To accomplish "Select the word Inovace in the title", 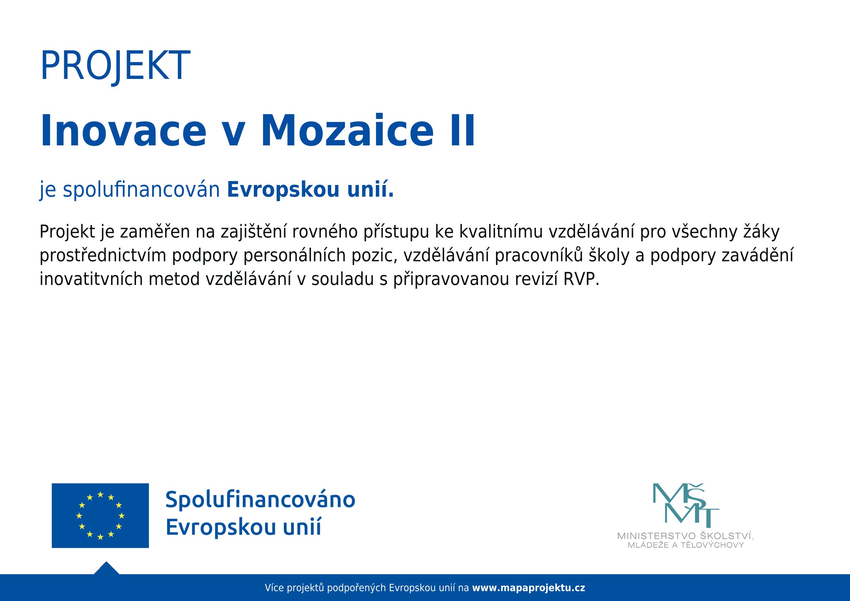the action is [123, 131].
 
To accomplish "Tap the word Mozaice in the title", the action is [347, 131].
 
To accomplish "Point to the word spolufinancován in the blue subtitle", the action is [141, 190].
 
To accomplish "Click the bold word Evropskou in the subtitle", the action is [283, 190].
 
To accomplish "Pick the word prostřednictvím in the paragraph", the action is [103, 256].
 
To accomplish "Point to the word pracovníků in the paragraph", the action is [539, 256].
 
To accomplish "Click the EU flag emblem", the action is [100, 515].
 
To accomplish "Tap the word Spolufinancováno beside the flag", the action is [260, 500].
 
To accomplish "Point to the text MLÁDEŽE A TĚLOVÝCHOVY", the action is [686, 545].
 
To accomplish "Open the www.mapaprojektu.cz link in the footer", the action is [529, 588].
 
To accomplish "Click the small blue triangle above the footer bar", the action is [106, 569].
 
